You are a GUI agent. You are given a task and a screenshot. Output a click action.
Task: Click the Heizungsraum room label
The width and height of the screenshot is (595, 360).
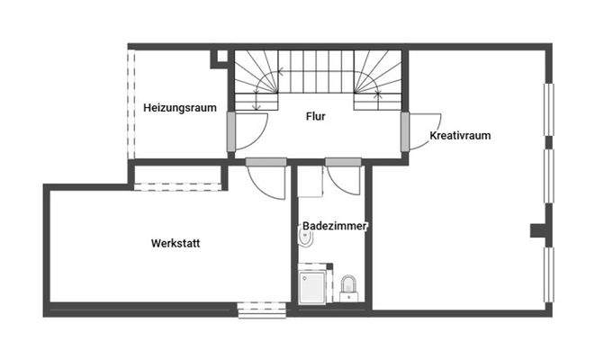(180, 108)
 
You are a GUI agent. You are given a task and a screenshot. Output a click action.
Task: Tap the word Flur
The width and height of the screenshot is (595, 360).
(315, 116)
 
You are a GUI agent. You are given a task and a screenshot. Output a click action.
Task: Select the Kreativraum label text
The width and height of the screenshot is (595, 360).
(460, 136)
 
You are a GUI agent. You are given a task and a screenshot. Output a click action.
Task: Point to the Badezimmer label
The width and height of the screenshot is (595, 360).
(335, 227)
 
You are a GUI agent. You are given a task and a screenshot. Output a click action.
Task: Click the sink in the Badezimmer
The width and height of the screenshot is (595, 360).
(348, 287)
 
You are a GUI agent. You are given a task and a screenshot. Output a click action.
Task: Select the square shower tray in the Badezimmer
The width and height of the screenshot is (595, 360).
(315, 284)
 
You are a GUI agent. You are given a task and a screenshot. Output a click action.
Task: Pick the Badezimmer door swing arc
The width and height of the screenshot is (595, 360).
(344, 180)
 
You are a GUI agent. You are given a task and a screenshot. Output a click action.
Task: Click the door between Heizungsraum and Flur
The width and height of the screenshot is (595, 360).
(247, 131)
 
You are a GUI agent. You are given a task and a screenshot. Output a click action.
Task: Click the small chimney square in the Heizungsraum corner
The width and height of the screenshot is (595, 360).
(219, 58)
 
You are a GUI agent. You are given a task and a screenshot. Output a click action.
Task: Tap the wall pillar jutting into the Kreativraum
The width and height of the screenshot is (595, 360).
(538, 230)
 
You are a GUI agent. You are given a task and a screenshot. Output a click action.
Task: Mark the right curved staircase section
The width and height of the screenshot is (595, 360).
(376, 79)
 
